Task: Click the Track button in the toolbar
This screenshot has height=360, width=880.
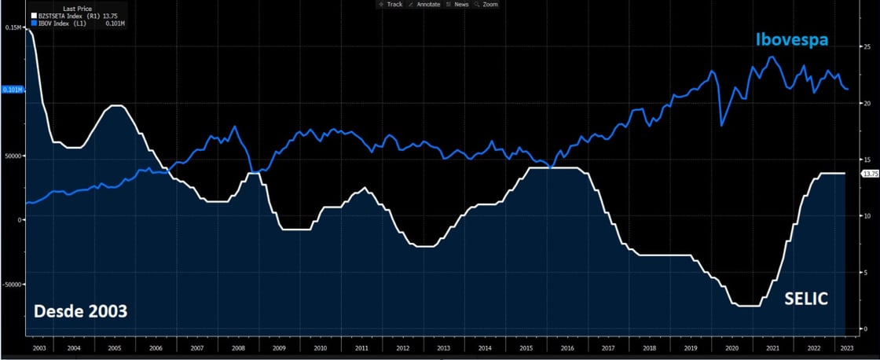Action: coord(390,4)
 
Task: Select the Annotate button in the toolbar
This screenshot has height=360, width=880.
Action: coord(425,4)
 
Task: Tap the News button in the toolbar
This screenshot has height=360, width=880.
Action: coord(458,4)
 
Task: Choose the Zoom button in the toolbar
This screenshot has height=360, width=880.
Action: coord(487,4)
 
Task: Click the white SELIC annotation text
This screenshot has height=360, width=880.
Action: coord(806,298)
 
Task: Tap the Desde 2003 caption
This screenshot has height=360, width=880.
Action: coord(79,312)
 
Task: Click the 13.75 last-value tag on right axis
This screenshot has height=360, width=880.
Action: coord(870,173)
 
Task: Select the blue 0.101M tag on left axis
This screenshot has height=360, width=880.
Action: coord(13,90)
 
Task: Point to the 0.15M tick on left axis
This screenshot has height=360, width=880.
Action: coord(14,28)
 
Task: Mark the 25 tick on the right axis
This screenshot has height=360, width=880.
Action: coord(867,46)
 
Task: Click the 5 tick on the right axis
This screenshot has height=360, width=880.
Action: coord(864,273)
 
